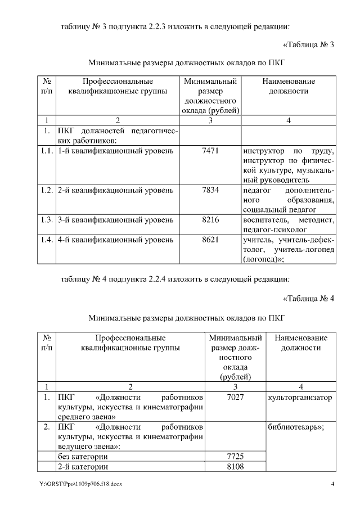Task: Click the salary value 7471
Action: (210, 152)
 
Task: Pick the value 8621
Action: (210, 240)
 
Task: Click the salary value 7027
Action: (235, 398)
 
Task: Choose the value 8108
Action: (235, 466)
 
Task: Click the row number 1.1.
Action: (47, 152)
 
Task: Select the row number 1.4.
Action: (47, 240)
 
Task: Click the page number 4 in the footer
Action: (332, 484)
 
